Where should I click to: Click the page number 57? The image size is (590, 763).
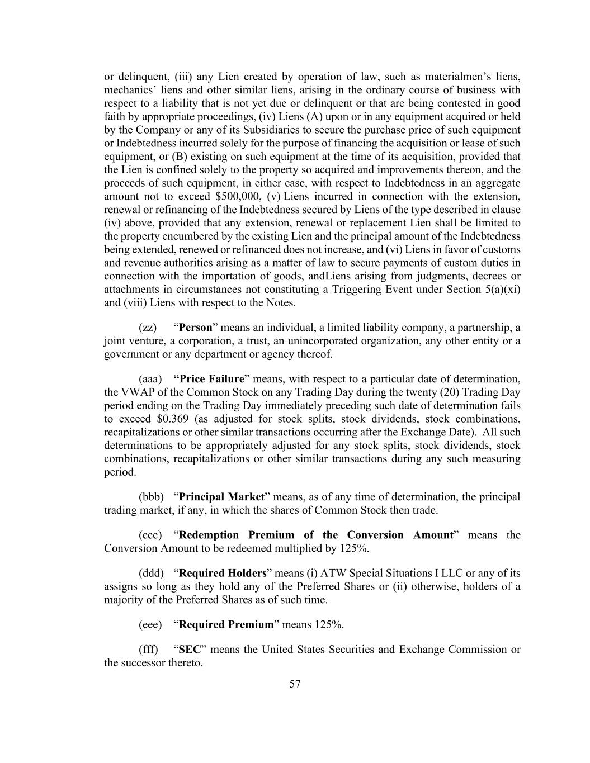click(x=295, y=684)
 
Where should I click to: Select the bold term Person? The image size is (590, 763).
click(x=195, y=328)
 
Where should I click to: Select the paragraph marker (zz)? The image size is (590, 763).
click(x=148, y=328)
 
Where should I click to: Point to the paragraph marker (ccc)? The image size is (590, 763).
click(x=150, y=535)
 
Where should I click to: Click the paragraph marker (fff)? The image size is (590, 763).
click(x=148, y=650)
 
